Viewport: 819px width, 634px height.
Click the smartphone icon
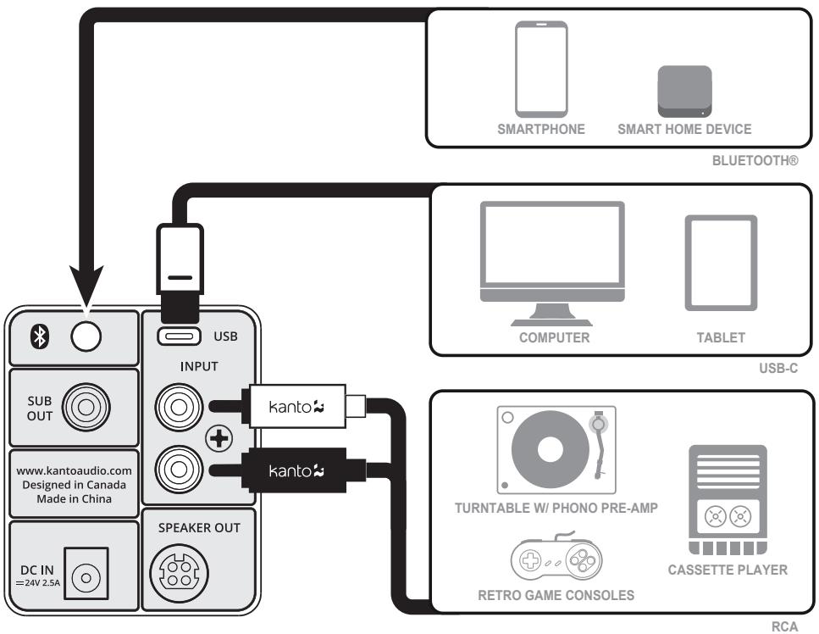542,70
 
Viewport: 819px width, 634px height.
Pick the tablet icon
720,264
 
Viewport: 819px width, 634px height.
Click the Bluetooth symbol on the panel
37,336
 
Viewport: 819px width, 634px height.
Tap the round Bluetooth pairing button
86,336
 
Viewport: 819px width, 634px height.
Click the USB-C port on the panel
179,336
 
